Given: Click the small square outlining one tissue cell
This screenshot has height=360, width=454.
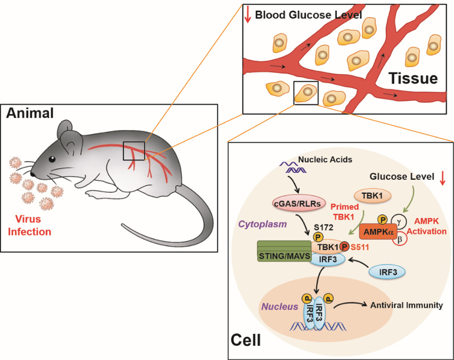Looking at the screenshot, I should click(306, 92).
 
